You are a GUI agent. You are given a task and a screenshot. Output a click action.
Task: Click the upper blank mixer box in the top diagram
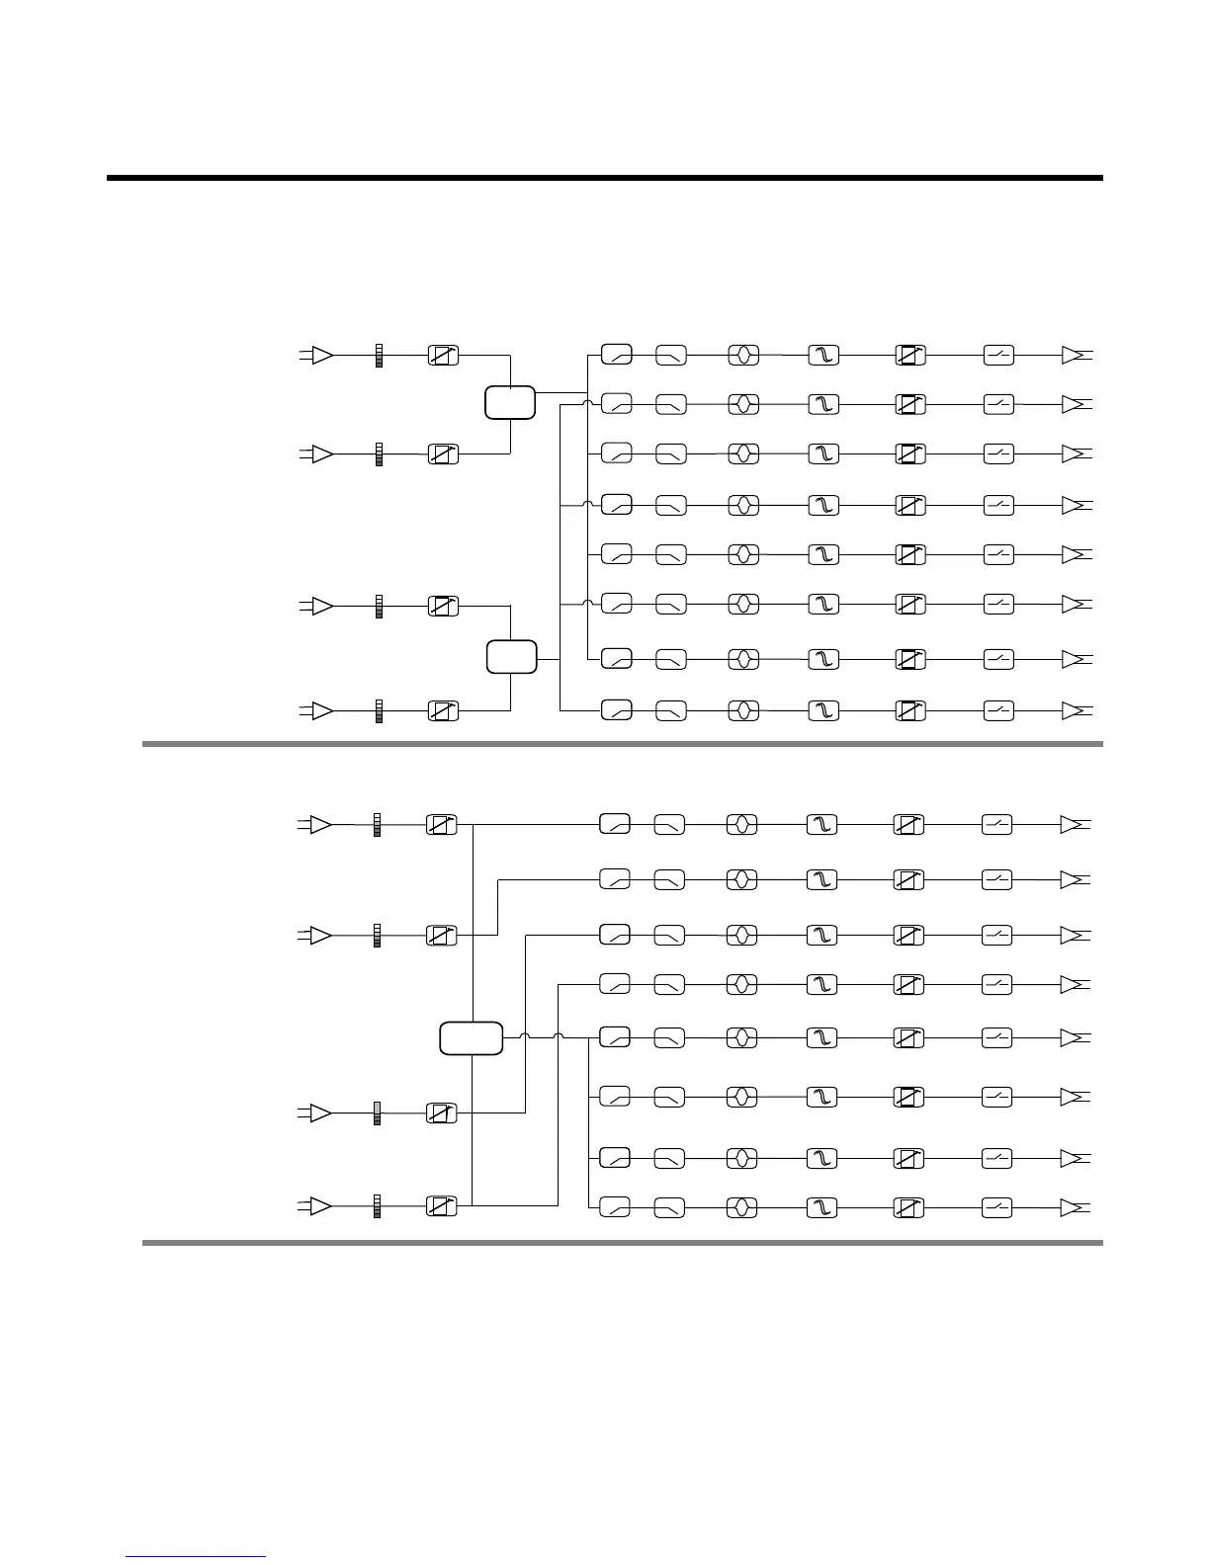510,403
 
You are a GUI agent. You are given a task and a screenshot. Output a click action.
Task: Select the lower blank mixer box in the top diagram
512,657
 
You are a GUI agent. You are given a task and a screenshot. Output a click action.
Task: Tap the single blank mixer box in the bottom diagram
472,1038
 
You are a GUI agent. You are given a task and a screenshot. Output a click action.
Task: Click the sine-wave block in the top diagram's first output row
823,355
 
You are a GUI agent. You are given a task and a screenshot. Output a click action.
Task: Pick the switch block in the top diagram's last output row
998,710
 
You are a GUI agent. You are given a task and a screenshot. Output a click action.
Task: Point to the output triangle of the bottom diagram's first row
1073,824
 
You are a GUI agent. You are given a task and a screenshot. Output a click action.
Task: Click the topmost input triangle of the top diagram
321,355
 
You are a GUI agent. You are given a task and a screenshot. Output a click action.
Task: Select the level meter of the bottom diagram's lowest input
377,1206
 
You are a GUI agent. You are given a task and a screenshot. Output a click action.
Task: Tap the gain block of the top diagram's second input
444,454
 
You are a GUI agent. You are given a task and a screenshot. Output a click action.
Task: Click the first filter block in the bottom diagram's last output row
615,1207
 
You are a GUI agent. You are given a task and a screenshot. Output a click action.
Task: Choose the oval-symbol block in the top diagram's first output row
743,355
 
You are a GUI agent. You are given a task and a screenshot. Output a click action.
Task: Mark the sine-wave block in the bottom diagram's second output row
822,879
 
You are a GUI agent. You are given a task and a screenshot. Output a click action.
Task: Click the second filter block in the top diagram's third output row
671,454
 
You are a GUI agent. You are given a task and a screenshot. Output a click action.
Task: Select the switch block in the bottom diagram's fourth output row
996,985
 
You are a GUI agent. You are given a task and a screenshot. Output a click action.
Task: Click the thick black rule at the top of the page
604,179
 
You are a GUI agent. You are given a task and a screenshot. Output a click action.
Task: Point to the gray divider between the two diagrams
622,744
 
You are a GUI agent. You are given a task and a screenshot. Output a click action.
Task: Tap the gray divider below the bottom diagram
622,1243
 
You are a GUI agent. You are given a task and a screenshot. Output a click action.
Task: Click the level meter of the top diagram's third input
379,606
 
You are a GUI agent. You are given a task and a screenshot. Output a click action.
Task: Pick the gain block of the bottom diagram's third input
442,1113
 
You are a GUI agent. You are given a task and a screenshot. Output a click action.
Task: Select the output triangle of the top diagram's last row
1075,710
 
